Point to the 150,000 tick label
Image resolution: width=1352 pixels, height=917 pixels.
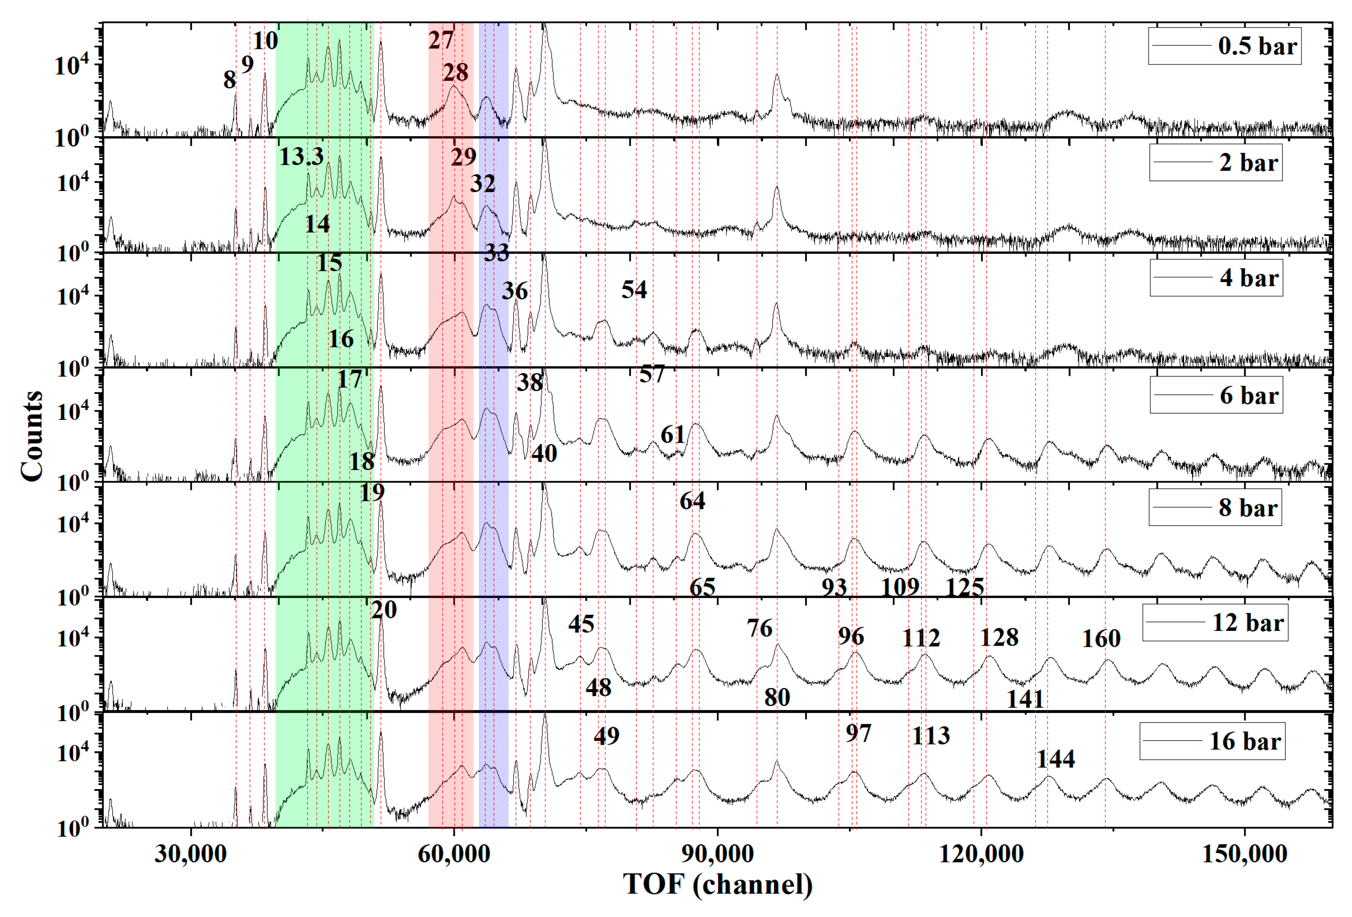pyautogui.click(x=1244, y=854)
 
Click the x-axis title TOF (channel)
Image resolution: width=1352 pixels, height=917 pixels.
pyautogui.click(x=717, y=885)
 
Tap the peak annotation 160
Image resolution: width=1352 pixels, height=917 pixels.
pyautogui.click(x=1101, y=639)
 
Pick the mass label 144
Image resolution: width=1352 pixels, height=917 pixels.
pyautogui.click(x=1055, y=759)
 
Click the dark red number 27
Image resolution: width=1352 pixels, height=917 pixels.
pyautogui.click(x=441, y=40)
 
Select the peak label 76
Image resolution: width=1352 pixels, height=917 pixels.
pyautogui.click(x=759, y=628)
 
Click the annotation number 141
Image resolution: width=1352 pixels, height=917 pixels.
pyautogui.click(x=1025, y=699)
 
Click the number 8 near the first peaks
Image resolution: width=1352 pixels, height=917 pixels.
pyautogui.click(x=230, y=80)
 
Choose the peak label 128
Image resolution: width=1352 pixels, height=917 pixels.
pyautogui.click(x=999, y=637)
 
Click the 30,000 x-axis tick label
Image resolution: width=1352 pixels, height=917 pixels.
pyautogui.click(x=190, y=854)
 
